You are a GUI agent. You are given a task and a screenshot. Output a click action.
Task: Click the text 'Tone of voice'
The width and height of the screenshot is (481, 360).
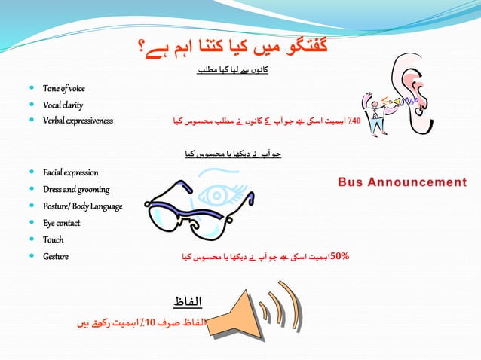click(x=64, y=89)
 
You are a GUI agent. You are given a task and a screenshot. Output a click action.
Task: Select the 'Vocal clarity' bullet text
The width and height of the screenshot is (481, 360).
click(x=63, y=105)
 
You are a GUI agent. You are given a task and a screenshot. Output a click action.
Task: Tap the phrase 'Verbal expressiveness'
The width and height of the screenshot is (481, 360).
click(x=78, y=121)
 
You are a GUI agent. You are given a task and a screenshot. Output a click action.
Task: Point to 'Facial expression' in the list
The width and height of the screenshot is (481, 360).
click(x=71, y=173)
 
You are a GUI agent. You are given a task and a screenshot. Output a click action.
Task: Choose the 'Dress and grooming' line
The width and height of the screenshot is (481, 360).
click(x=76, y=190)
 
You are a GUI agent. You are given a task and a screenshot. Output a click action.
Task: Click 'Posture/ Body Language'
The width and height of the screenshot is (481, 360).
click(x=83, y=206)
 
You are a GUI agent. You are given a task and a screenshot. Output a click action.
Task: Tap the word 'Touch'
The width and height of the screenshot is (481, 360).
click(x=53, y=239)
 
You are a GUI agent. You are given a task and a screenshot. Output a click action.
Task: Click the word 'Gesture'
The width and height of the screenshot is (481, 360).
click(x=56, y=256)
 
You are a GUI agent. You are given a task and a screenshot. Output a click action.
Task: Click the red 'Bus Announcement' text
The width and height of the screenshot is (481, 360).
click(x=402, y=182)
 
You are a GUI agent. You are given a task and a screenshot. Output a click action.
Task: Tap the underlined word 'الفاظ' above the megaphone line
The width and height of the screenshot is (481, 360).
click(x=188, y=302)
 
